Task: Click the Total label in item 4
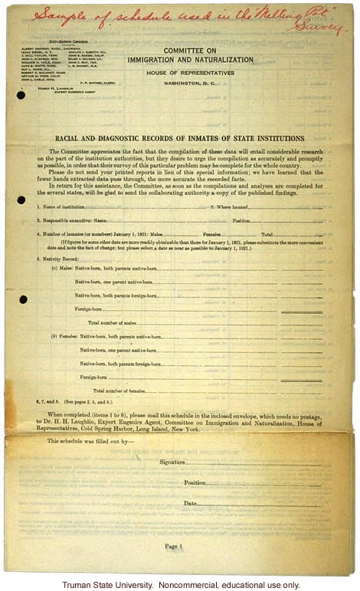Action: pyautogui.click(x=269, y=233)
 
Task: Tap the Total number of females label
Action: pyautogui.click(x=119, y=391)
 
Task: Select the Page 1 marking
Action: pyautogui.click(x=174, y=546)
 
